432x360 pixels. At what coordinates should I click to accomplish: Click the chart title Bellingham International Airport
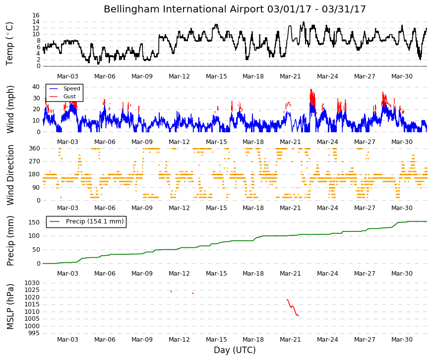[x=184, y=9]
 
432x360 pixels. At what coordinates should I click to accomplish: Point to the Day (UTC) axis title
[x=235, y=350]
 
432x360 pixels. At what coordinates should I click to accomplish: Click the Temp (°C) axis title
[x=9, y=44]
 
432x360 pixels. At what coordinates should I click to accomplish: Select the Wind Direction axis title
[x=10, y=175]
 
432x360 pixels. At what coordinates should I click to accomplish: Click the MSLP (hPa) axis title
[x=10, y=307]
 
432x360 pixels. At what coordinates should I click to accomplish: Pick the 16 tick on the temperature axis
[x=36, y=15]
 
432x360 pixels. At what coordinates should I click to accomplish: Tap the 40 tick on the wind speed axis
[x=36, y=87]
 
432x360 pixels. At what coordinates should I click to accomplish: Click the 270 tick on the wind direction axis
[x=34, y=161]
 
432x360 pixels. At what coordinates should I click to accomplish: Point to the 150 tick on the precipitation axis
[x=34, y=222]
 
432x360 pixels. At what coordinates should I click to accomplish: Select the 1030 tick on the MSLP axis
[x=32, y=283]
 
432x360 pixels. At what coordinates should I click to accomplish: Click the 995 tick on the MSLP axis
[x=34, y=333]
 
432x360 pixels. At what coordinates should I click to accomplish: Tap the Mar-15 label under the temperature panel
[x=216, y=76]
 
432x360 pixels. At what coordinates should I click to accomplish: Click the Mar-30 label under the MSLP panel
[x=402, y=340]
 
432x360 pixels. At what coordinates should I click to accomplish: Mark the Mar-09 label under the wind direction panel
[x=142, y=208]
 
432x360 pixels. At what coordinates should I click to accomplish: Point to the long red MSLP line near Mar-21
[x=292, y=307]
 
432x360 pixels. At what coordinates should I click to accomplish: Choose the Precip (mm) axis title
[x=10, y=241]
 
